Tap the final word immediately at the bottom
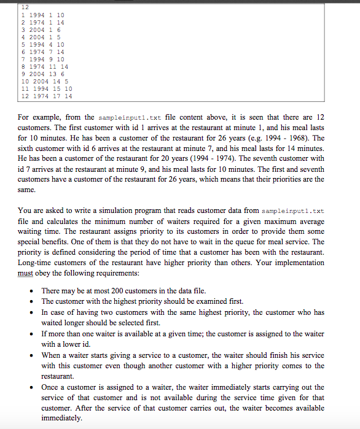[x=61, y=418]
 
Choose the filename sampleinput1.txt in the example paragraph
[x=121, y=117]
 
